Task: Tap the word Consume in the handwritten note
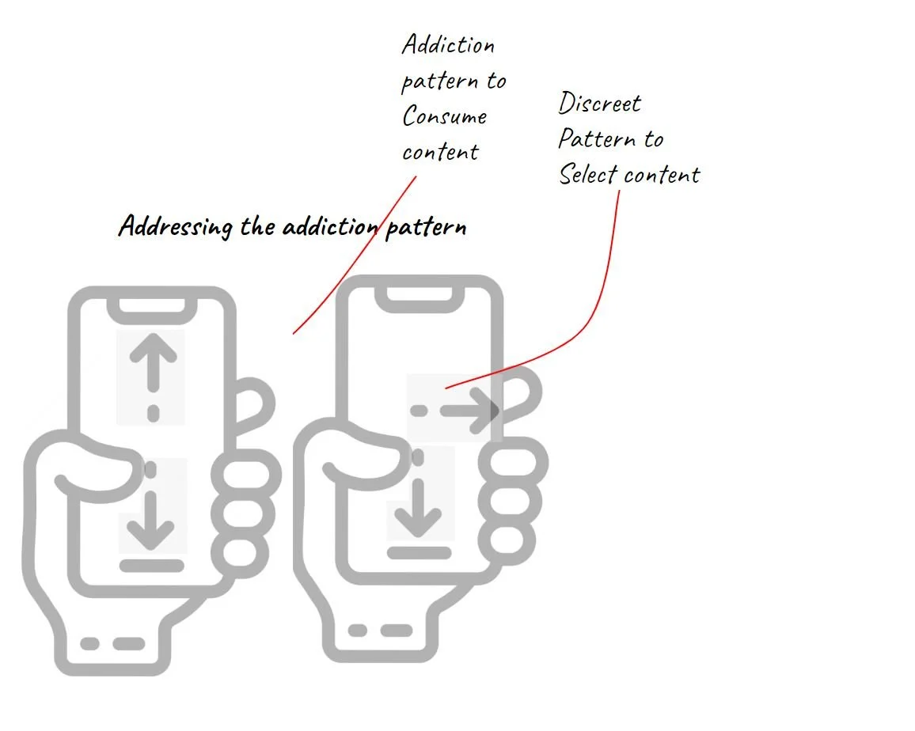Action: click(x=444, y=116)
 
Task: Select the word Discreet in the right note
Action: click(x=599, y=103)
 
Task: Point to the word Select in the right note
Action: click(x=588, y=174)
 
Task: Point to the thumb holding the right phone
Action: click(x=363, y=468)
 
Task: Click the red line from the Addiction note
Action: click(x=356, y=253)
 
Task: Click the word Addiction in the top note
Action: click(x=448, y=44)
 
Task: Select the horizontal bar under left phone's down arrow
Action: click(x=152, y=566)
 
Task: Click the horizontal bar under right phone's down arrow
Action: click(x=419, y=552)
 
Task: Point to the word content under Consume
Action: click(x=440, y=151)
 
